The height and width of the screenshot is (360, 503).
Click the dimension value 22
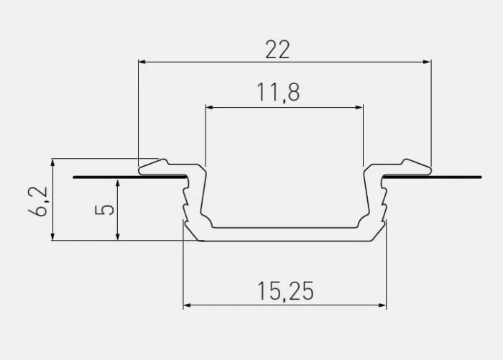click(277, 50)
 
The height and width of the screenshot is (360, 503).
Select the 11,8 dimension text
click(277, 93)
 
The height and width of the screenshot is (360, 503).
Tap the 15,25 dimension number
click(285, 291)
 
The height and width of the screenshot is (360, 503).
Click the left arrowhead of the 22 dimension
click(142, 63)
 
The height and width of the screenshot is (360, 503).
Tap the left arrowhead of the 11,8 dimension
click(209, 108)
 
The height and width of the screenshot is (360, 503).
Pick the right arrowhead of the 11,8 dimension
click(359, 108)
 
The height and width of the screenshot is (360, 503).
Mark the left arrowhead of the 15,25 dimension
click(187, 306)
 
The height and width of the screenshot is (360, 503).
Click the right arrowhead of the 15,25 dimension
click(382, 306)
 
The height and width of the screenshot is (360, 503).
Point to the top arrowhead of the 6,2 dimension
click(52, 162)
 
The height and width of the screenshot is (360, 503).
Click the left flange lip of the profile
click(160, 167)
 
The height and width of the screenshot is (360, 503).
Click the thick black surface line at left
click(108, 176)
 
